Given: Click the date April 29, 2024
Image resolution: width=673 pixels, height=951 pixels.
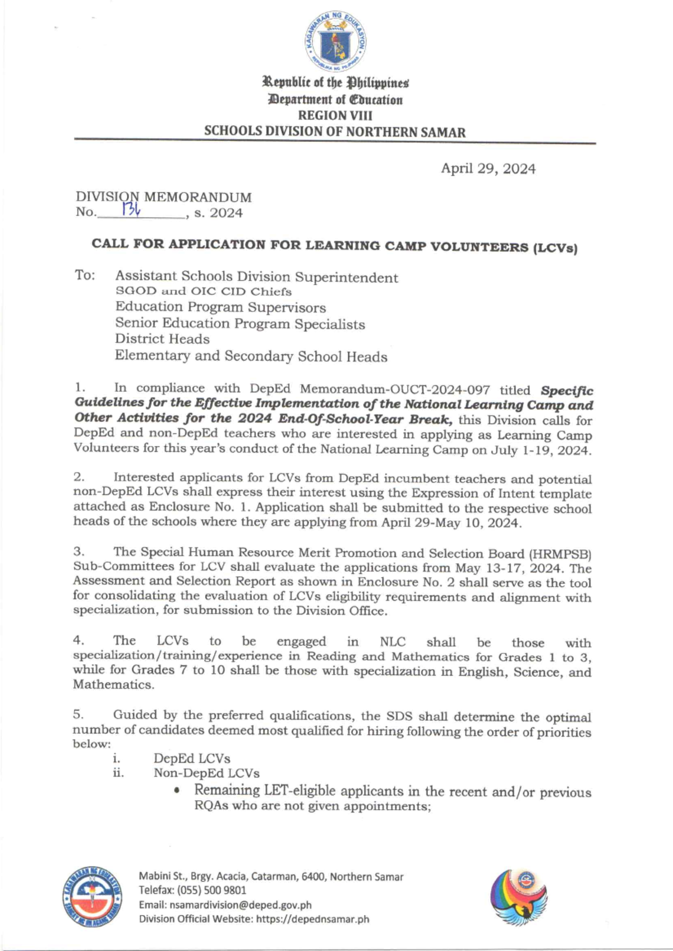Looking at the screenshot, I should pyautogui.click(x=487, y=169).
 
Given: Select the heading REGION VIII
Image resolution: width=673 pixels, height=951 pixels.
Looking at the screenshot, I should pyautogui.click(x=335, y=115).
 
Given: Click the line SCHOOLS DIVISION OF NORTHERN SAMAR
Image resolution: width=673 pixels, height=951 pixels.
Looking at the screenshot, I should pyautogui.click(x=335, y=132).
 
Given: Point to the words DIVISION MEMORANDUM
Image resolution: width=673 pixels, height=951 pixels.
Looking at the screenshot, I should pyautogui.click(x=164, y=197).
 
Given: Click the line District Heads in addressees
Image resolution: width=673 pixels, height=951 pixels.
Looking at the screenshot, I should pyautogui.click(x=162, y=339).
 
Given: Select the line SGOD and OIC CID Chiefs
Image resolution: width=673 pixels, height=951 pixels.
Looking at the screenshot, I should pyautogui.click(x=203, y=291).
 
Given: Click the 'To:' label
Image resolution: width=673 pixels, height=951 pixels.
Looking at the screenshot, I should pyautogui.click(x=85, y=276).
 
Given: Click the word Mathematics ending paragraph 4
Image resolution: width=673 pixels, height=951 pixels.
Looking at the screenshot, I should pyautogui.click(x=113, y=685).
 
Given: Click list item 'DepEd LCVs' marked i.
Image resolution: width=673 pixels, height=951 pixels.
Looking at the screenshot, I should pyautogui.click(x=192, y=759).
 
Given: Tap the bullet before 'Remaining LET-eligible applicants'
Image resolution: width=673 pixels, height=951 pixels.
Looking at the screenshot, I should pyautogui.click(x=177, y=792).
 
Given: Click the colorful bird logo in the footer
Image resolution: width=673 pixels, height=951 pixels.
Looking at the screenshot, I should pyautogui.click(x=519, y=897).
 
